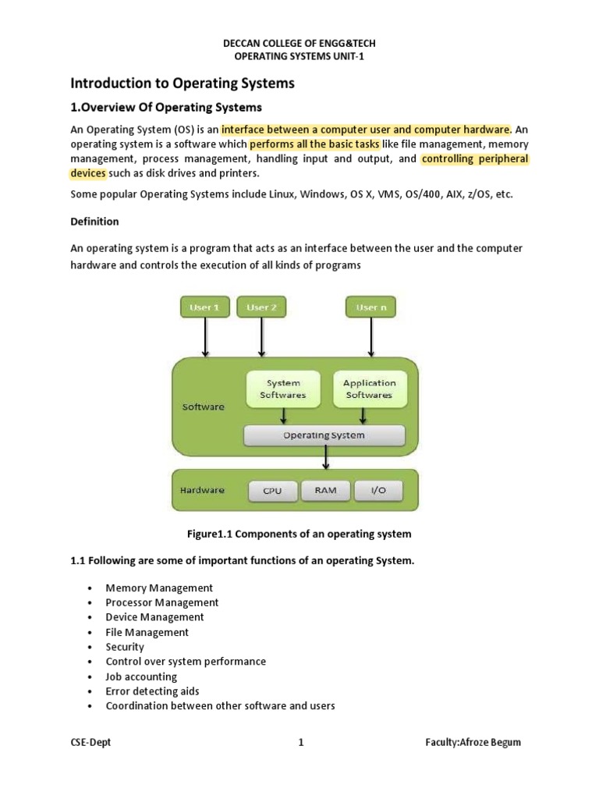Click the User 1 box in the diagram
205,307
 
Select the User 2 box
261,307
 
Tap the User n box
371,307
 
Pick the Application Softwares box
369,389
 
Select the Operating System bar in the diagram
324,435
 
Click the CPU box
273,491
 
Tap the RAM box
326,491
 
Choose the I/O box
379,491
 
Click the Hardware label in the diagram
203,491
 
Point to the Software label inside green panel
203,407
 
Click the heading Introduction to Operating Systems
183,83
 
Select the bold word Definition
94,222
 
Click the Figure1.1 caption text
299,534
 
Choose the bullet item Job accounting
141,676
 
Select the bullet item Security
125,647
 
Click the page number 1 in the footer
300,742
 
